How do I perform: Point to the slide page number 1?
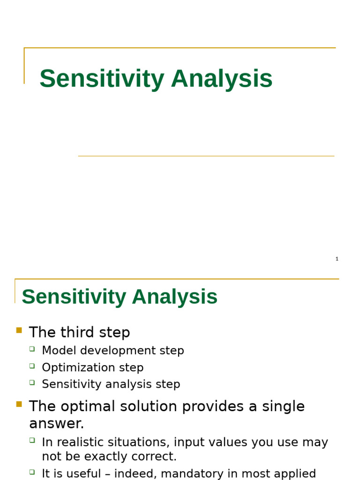(x=337, y=259)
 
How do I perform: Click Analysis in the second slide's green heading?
(x=174, y=297)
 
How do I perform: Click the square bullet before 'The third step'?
(x=19, y=330)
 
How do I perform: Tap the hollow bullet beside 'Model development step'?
(x=32, y=349)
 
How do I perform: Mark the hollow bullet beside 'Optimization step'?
(x=32, y=366)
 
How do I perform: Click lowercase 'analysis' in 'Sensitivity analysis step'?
(x=127, y=384)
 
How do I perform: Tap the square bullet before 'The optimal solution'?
(x=19, y=404)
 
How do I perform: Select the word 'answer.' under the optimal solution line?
(x=57, y=424)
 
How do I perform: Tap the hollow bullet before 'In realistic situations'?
(x=32, y=441)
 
